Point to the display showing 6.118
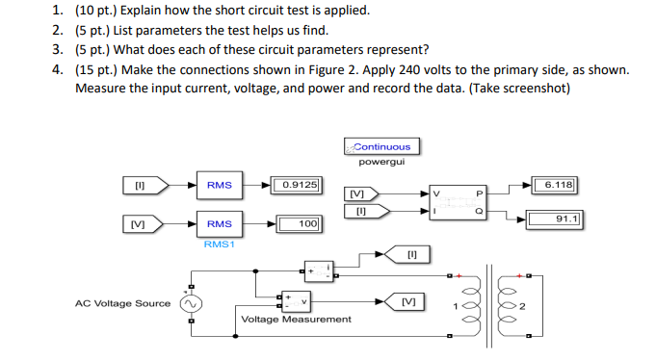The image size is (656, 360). [x=557, y=184]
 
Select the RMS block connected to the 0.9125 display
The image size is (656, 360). [x=219, y=184]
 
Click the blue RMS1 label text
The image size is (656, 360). [x=219, y=244]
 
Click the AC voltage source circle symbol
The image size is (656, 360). [x=191, y=303]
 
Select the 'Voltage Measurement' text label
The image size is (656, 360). [x=296, y=319]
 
